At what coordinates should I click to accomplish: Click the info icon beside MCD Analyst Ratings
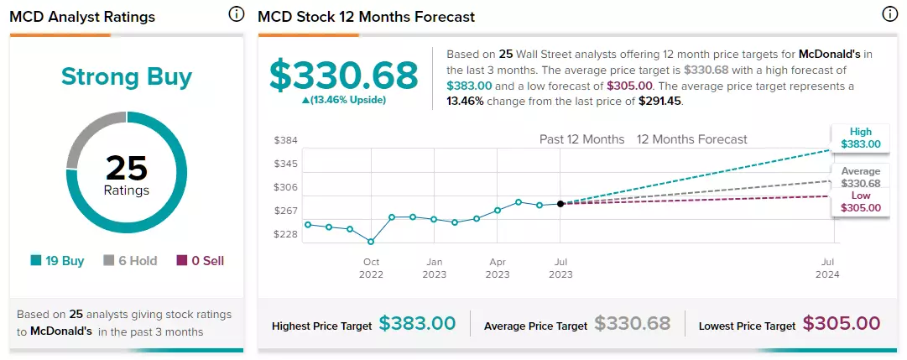(237, 15)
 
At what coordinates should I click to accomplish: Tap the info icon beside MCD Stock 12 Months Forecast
(889, 15)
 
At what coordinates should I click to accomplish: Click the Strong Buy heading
(127, 77)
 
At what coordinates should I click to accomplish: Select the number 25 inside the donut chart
(127, 169)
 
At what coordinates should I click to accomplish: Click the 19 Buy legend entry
(57, 261)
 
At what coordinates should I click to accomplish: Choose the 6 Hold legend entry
(129, 261)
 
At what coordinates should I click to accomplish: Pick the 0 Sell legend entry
(201, 261)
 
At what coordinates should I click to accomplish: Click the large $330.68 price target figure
(344, 76)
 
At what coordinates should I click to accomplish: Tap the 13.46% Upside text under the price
(344, 100)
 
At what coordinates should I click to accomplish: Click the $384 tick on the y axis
(286, 140)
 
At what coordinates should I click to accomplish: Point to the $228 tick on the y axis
(286, 234)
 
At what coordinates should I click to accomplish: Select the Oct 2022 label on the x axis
(371, 268)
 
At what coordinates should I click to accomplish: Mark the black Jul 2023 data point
(560, 204)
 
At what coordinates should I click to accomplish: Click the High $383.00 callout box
(860, 138)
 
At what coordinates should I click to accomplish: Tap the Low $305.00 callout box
(860, 202)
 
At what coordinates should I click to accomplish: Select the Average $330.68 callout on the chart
(860, 177)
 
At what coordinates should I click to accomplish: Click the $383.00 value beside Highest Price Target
(417, 324)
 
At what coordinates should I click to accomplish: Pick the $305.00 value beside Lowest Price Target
(842, 324)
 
